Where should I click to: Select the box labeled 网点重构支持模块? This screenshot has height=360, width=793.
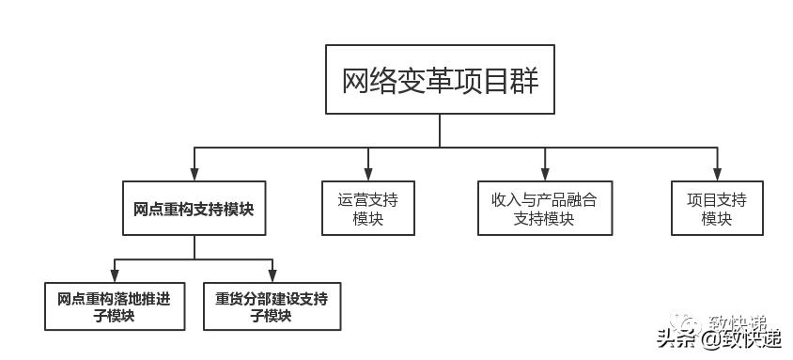pos(194,208)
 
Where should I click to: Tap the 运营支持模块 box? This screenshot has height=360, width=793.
pos(368,208)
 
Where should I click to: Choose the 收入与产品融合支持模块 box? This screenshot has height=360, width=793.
pos(544,208)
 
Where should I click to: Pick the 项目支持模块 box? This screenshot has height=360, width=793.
pos(717,208)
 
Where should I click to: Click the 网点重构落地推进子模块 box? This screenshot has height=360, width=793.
pos(114,306)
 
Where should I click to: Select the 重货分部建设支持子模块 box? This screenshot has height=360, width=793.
pos(272,306)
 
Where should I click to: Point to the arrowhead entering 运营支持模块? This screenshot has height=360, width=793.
pos(368,174)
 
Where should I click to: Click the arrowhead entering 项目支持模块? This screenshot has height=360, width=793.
pos(717,174)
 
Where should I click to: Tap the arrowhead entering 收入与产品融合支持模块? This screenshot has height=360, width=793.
pos(544,174)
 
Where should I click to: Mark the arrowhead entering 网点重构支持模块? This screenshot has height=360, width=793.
pos(194,174)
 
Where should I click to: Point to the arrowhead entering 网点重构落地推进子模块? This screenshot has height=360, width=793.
pos(114,274)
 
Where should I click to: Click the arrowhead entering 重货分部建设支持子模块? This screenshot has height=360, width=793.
pos(272,274)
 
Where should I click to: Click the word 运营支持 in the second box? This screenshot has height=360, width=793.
pos(368,199)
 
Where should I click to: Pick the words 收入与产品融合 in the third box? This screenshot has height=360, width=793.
pos(544,199)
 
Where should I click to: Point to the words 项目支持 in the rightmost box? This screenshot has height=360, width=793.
pos(717,199)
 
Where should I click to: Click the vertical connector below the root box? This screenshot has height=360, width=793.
pos(440,133)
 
